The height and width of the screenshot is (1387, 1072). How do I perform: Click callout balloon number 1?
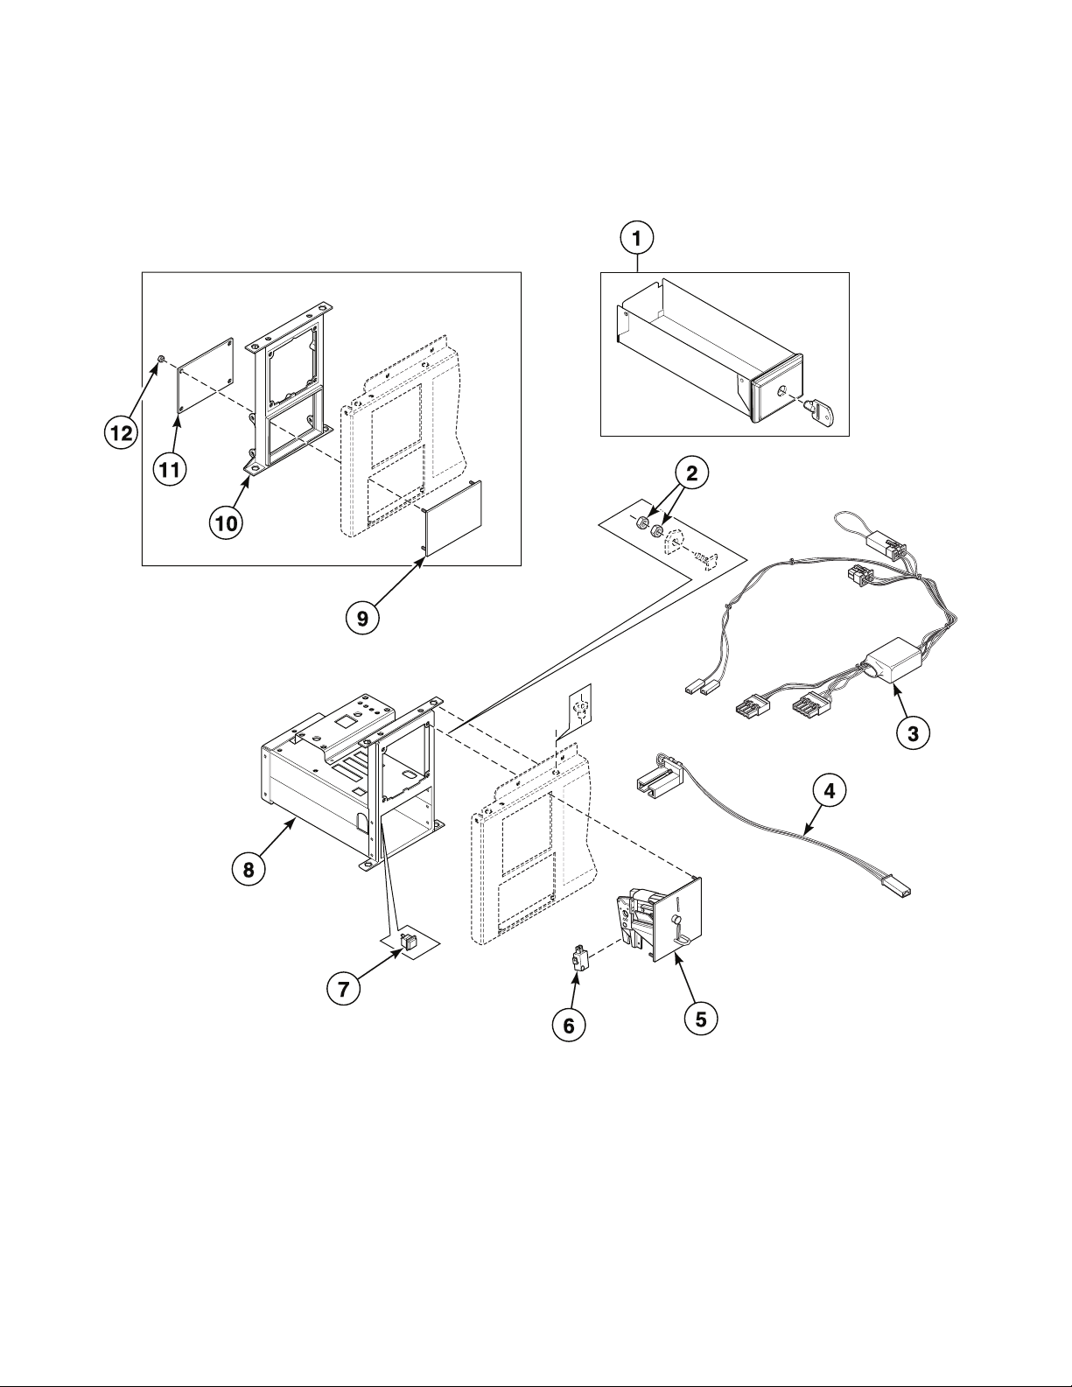click(x=638, y=237)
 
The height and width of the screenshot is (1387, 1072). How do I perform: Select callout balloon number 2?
click(x=690, y=473)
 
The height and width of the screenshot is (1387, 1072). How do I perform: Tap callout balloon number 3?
click(x=913, y=733)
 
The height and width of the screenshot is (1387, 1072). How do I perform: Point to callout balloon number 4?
click(x=828, y=791)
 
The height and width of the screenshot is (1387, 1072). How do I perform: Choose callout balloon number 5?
click(x=700, y=1019)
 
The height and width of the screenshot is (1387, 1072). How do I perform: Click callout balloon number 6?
click(x=569, y=1026)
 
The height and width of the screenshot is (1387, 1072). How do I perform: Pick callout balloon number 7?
click(x=342, y=989)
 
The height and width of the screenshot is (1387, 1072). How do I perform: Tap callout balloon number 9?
click(x=361, y=618)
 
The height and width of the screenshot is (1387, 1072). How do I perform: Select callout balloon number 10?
click(x=226, y=522)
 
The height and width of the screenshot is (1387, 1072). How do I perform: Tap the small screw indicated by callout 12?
click(x=161, y=359)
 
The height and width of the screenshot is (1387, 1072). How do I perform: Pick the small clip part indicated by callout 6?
click(x=578, y=959)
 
